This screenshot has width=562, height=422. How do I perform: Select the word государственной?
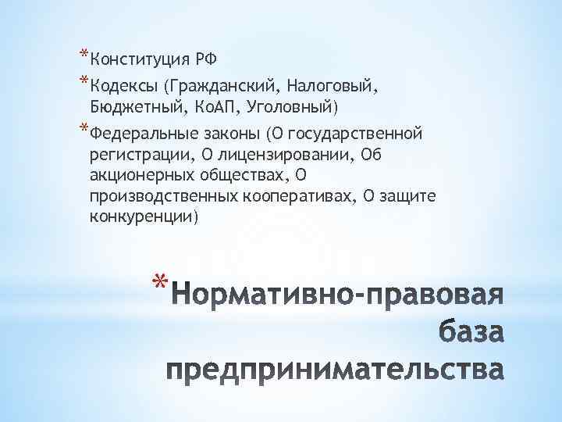point(356,131)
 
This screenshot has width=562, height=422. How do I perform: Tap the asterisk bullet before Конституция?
point(84,55)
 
